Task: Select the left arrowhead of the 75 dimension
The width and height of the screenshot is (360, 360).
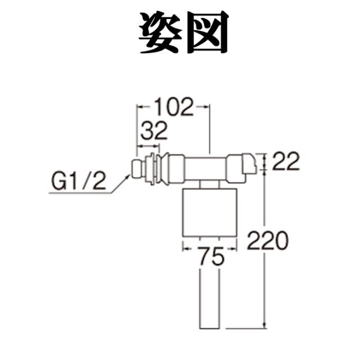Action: pyautogui.click(x=184, y=246)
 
